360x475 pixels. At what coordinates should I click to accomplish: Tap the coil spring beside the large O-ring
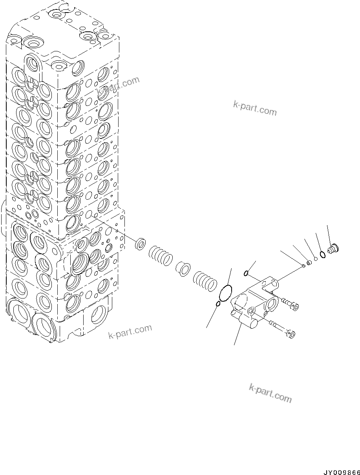point(205,280)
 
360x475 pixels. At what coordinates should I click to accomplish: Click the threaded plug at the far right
point(334,248)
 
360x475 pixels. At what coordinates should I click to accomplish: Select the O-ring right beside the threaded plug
point(322,255)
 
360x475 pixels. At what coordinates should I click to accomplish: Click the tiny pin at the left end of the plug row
point(303,266)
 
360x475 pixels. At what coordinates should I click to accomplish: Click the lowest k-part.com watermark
point(270,393)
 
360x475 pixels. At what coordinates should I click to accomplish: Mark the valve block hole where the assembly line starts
point(90,213)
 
